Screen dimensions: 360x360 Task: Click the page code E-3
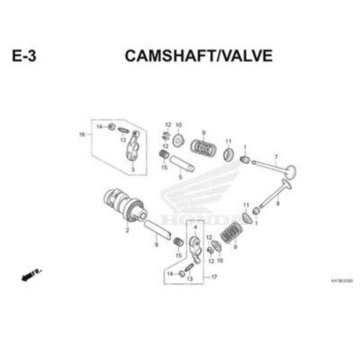pyautogui.click(x=24, y=56)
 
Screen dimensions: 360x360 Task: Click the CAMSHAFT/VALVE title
pyautogui.click(x=198, y=56)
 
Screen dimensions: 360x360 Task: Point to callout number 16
pyautogui.click(x=82, y=135)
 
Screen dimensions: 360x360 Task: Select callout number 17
pyautogui.click(x=214, y=277)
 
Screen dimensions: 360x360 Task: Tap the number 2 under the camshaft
pyautogui.click(x=127, y=231)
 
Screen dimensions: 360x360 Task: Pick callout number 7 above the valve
pyautogui.click(x=276, y=157)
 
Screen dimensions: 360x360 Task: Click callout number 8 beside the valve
pyautogui.click(x=277, y=204)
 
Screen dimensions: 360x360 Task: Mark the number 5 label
pyautogui.click(x=180, y=177)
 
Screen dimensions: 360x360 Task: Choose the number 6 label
pyautogui.click(x=156, y=245)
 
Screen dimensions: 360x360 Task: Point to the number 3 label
pyautogui.click(x=132, y=170)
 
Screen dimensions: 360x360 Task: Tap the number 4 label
pyautogui.click(x=195, y=227)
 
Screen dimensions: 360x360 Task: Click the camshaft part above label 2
pyautogui.click(x=125, y=204)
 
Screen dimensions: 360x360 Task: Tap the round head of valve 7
pyautogui.click(x=289, y=171)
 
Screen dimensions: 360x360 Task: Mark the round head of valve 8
pyautogui.click(x=286, y=184)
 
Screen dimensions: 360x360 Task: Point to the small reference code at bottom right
pyautogui.click(x=342, y=280)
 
